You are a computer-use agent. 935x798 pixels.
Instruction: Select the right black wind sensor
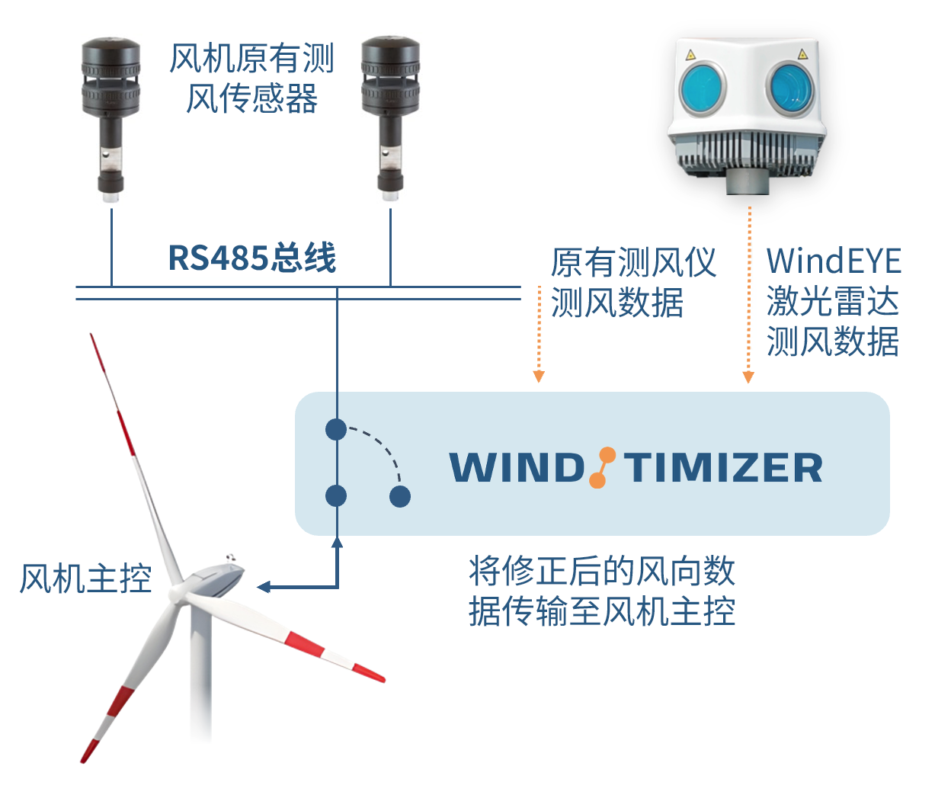[390, 117]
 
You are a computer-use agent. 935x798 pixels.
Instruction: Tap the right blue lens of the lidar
[790, 88]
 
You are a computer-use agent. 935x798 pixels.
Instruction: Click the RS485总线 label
[252, 258]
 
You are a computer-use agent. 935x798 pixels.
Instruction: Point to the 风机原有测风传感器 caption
[251, 78]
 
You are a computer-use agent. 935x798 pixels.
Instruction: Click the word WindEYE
[834, 261]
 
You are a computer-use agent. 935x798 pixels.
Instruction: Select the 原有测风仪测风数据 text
[632, 282]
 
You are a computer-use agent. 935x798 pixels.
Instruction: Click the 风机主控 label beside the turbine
[85, 578]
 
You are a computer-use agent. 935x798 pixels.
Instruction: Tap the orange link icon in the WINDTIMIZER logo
[602, 467]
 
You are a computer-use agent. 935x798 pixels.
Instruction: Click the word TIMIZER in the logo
[723, 468]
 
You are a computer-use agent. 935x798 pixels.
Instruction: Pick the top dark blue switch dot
[336, 429]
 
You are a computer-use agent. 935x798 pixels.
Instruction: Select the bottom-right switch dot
[400, 496]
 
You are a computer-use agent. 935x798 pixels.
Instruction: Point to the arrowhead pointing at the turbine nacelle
[263, 587]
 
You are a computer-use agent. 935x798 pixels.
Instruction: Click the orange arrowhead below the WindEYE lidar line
[748, 377]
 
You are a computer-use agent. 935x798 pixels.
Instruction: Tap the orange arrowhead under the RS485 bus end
[539, 377]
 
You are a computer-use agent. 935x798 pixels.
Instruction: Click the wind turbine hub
[178, 593]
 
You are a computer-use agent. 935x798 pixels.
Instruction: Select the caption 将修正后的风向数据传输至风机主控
[602, 591]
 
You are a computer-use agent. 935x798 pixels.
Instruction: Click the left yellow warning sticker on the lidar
[690, 55]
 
